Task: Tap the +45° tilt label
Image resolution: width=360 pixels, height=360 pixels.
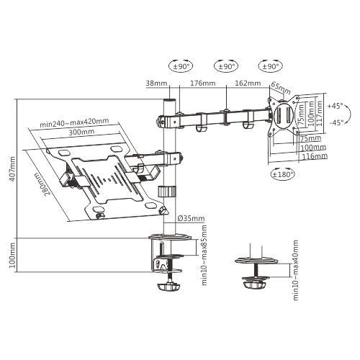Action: coord(335,105)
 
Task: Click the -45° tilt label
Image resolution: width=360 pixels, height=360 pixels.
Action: coord(335,122)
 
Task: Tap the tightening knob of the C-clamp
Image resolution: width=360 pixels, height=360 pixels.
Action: coord(170,287)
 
